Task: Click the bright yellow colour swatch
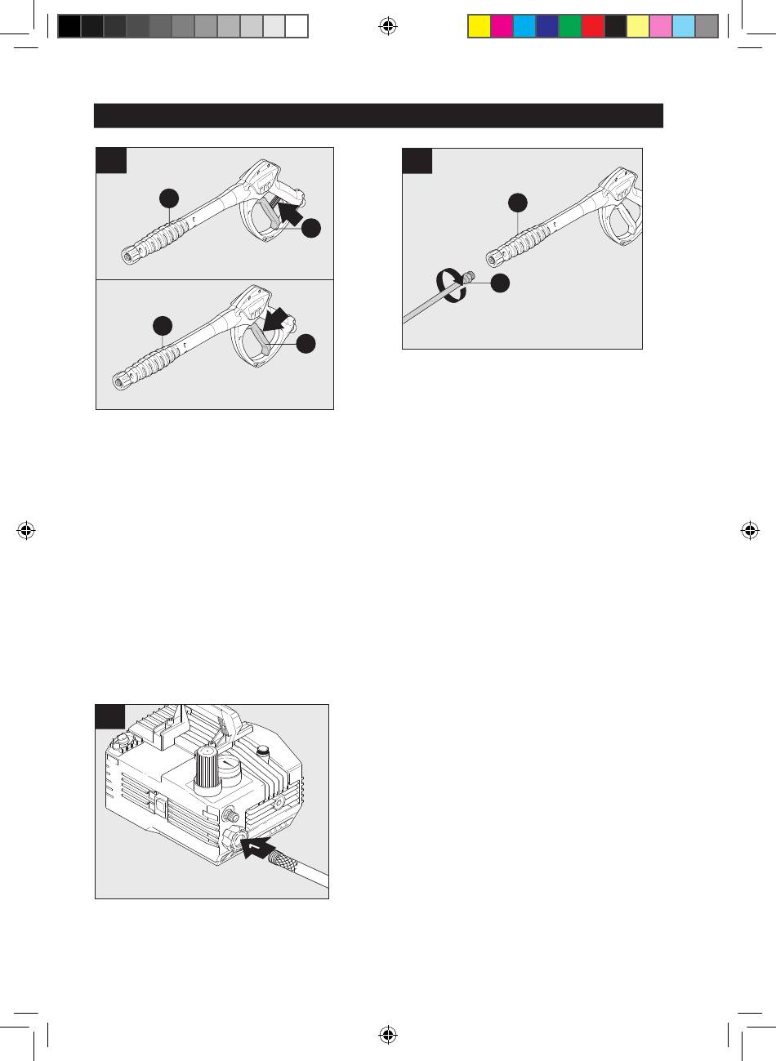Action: (x=479, y=27)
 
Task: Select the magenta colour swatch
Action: (x=502, y=27)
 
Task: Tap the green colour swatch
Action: (x=569, y=27)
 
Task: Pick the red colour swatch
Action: (x=592, y=27)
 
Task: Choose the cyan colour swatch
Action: (x=524, y=27)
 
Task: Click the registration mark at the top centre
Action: (x=388, y=27)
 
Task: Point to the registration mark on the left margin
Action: (x=26, y=530)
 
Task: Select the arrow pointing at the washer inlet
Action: (x=263, y=847)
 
